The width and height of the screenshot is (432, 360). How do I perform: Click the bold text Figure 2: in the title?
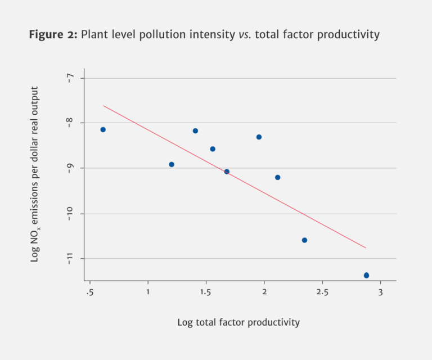click(x=53, y=35)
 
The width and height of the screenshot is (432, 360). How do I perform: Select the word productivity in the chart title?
click(x=348, y=35)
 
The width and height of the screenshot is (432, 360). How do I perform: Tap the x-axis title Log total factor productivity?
click(x=238, y=322)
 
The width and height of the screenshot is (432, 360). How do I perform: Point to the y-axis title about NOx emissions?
click(x=35, y=174)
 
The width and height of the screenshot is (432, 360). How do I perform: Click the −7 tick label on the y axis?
click(x=70, y=78)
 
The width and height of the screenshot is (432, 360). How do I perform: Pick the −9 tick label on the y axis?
click(x=70, y=168)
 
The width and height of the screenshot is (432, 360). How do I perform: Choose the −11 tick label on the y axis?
click(x=70, y=258)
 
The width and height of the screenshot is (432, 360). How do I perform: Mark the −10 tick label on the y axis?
click(x=70, y=213)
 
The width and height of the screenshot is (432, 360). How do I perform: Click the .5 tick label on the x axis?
click(x=89, y=291)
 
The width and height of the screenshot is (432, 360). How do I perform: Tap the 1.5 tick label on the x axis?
click(x=206, y=291)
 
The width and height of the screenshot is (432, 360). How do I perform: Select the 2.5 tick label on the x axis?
click(x=322, y=291)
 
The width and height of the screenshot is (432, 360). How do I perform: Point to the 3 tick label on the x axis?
click(x=380, y=291)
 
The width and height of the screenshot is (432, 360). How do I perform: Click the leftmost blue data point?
click(x=103, y=129)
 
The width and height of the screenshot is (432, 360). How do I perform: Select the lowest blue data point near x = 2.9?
click(x=366, y=275)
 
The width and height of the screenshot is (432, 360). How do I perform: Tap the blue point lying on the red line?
click(x=227, y=172)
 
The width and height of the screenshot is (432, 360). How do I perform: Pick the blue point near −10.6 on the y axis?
click(x=304, y=240)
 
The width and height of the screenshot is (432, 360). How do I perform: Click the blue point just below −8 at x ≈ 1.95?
click(x=259, y=137)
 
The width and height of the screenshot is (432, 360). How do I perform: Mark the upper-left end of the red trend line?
click(x=103, y=106)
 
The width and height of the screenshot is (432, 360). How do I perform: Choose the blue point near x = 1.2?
click(x=172, y=164)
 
